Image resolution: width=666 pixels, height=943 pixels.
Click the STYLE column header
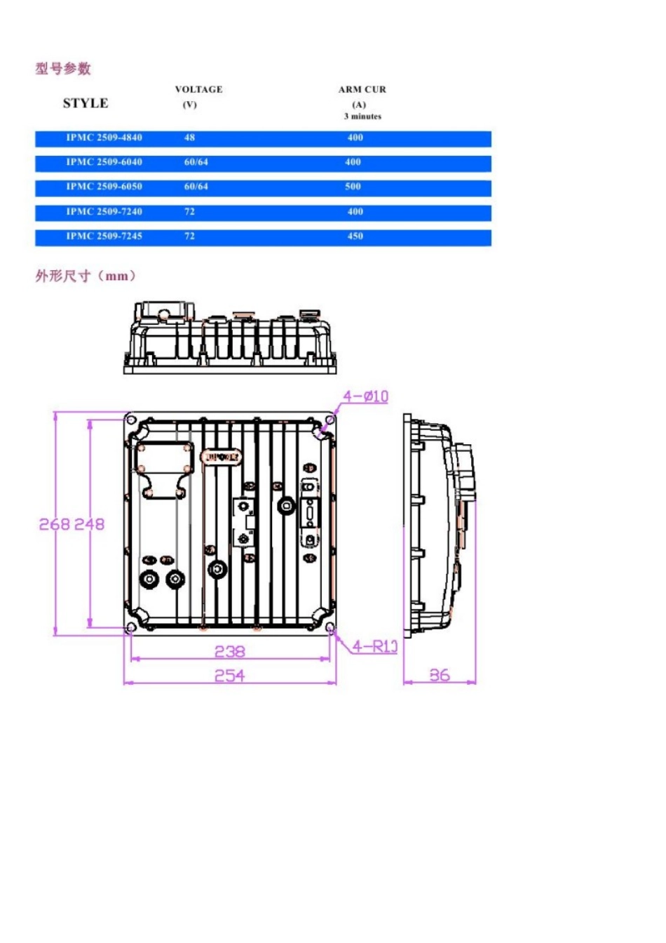[86, 103]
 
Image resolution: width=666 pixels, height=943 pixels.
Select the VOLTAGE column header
[198, 89]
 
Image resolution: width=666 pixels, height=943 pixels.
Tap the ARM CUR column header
[362, 89]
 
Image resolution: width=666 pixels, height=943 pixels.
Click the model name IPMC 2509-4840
[104, 138]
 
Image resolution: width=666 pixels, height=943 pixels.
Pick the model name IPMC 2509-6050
[104, 187]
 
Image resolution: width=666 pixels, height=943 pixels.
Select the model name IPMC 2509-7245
[104, 236]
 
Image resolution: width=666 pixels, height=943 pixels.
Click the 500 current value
[353, 187]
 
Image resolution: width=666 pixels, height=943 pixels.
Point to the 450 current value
[355, 236]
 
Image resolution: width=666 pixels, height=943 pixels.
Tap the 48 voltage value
[189, 138]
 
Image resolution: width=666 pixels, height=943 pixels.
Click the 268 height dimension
[54, 524]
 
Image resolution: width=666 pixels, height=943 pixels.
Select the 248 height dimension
[89, 524]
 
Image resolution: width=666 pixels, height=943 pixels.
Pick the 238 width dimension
[229, 651]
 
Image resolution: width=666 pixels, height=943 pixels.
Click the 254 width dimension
[229, 675]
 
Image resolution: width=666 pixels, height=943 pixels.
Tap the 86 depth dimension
[440, 675]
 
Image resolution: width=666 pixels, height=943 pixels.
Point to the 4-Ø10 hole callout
[365, 396]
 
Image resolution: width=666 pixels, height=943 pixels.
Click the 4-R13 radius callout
[375, 646]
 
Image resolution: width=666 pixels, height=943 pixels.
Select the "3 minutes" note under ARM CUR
[362, 116]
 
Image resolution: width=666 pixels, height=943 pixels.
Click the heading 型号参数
[63, 68]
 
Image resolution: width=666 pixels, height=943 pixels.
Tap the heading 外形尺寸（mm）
[86, 276]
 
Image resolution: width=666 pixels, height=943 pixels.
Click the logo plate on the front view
[222, 457]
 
